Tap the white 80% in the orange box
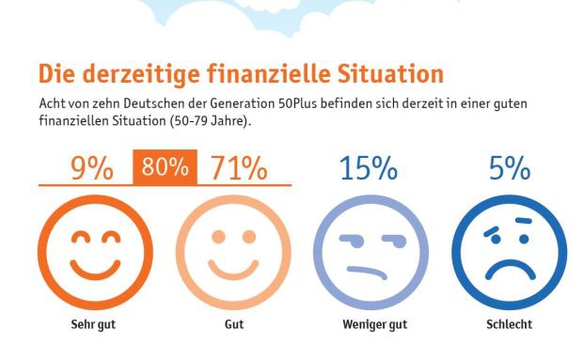[166, 168]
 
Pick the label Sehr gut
[93, 325]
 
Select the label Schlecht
[509, 325]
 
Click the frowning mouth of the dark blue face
[509, 273]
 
